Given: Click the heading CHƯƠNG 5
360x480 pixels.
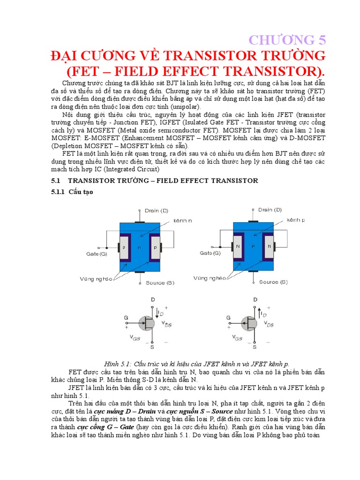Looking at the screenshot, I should pyautogui.click(x=287, y=39).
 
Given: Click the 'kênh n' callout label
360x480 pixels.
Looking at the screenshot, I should pyautogui.click(x=183, y=220).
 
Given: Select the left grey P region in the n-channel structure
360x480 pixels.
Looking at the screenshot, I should pyautogui.click(x=124, y=247).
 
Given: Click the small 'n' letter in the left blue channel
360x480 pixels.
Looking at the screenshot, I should pyautogui.click(x=139, y=247).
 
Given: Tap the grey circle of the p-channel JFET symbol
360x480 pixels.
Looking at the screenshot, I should pyautogui.click(x=249, y=322).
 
